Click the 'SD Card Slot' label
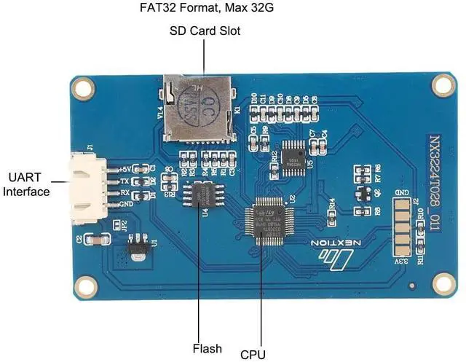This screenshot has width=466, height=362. click(205, 31)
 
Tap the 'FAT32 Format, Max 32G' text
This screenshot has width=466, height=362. click(205, 9)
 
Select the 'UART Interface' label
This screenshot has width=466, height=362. click(27, 184)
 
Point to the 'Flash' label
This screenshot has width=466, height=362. click(207, 348)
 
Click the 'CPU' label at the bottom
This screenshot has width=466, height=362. click(253, 355)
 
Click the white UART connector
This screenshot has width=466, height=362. click(85, 185)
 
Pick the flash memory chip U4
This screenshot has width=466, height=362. click(202, 194)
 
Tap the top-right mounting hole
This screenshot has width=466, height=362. click(442, 85)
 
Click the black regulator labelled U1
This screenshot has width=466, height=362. click(138, 251)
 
